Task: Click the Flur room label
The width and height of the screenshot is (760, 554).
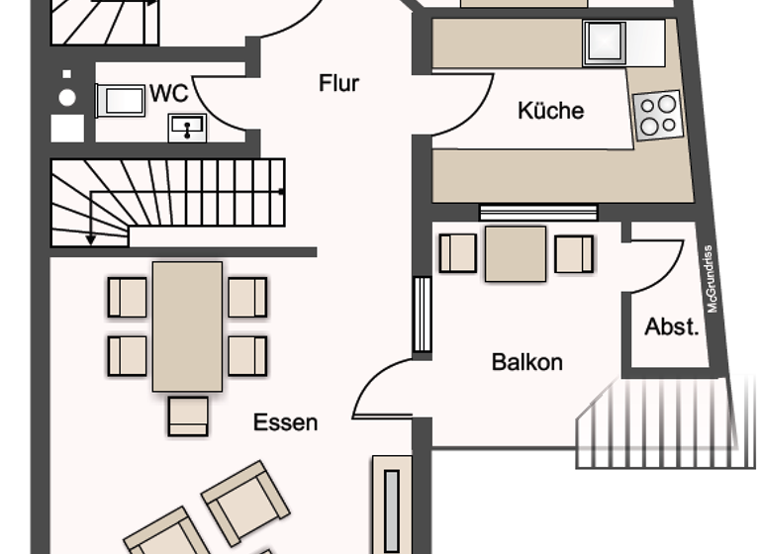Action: coord(338,83)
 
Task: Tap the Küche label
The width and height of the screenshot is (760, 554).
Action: coord(550,110)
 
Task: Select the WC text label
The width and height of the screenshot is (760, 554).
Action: coord(169,94)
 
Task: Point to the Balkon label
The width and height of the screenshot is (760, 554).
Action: coord(526,362)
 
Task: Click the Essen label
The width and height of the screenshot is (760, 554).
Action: coord(285,422)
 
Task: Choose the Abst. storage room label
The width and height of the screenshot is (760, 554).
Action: coord(672,327)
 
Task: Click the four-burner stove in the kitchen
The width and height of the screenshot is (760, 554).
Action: coord(658,115)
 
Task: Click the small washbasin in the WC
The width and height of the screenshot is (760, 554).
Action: coord(187,127)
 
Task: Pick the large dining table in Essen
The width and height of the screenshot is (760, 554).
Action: coord(187,325)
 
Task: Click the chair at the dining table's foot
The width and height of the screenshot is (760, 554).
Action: coord(188,415)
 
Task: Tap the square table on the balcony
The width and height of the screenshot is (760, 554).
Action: coord(515,253)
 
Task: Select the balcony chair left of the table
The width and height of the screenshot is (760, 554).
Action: coord(457,252)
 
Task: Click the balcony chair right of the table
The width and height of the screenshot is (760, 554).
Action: coord(574,253)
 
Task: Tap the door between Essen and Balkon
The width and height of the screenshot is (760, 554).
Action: coord(381,391)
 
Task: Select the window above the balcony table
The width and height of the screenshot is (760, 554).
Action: coord(538,212)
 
